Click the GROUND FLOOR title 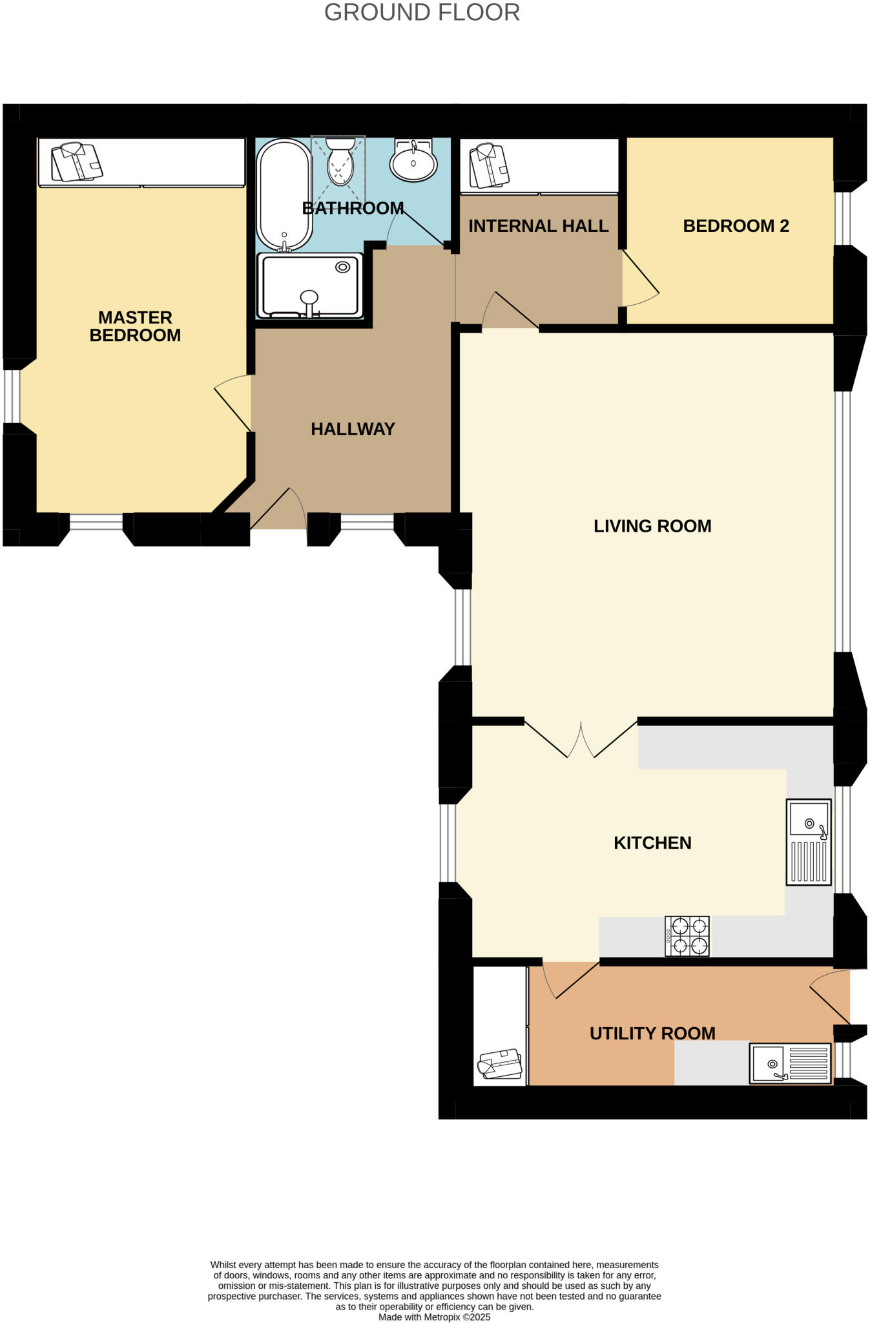click(422, 13)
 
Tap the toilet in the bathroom click(340, 163)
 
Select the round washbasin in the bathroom click(413, 161)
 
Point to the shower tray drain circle click(342, 267)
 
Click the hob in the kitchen click(687, 936)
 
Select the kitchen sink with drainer click(808, 842)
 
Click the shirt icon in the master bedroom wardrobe click(77, 163)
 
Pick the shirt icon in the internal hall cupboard click(489, 166)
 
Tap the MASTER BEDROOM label click(135, 326)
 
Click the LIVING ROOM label click(652, 526)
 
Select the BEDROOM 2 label click(736, 226)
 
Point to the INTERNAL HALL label click(538, 226)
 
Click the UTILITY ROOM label click(652, 1033)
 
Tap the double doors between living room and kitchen click(581, 740)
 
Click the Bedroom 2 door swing click(639, 280)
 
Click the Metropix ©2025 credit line click(434, 1317)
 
